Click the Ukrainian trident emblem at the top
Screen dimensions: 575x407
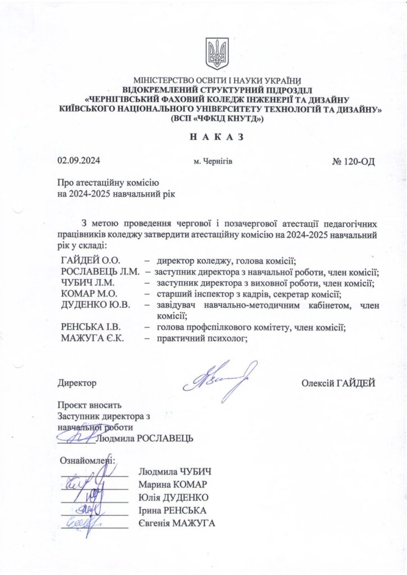pyautogui.click(x=217, y=54)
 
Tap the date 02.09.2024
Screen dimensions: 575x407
pyautogui.click(x=79, y=161)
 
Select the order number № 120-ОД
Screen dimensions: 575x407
pyautogui.click(x=353, y=161)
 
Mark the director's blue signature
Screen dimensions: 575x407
pyautogui.click(x=219, y=380)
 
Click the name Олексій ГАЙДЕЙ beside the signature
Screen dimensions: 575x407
pyautogui.click(x=338, y=383)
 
